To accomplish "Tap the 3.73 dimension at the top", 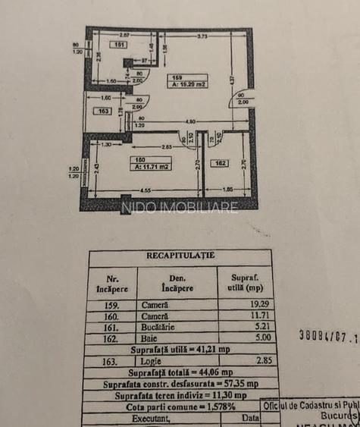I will pos(202,36).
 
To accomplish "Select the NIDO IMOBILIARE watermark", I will pos(180,207).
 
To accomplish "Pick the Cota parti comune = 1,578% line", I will pos(180,406).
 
